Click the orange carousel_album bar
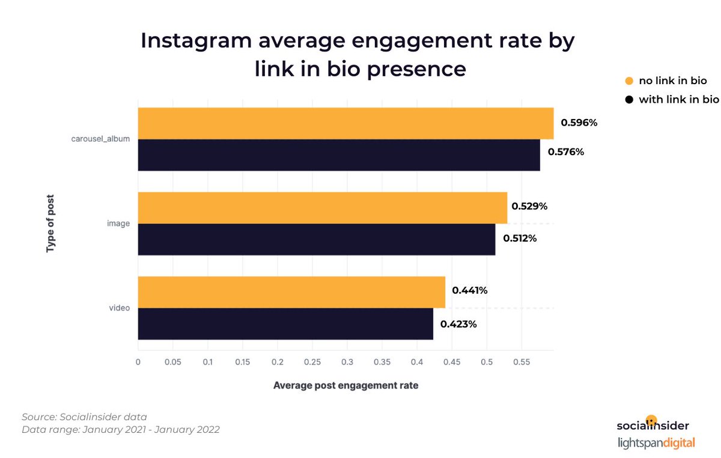pyautogui.click(x=345, y=124)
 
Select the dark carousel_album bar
pyautogui.click(x=339, y=155)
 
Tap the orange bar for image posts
pyautogui.click(x=323, y=208)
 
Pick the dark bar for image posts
pyautogui.click(x=317, y=239)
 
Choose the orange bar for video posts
pyautogui.click(x=291, y=292)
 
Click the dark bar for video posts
pyautogui.click(x=285, y=324)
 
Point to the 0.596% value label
pyautogui.click(x=579, y=123)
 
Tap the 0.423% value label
pyautogui.click(x=458, y=324)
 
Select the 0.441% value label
pyautogui.click(x=470, y=290)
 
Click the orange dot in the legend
pyautogui.click(x=629, y=81)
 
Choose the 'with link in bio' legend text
pyautogui.click(x=678, y=99)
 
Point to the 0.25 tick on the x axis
pyautogui.click(x=312, y=362)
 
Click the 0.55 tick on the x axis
pyautogui.click(x=521, y=362)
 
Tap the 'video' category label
pyautogui.click(x=119, y=308)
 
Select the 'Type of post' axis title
pyautogui.click(x=50, y=223)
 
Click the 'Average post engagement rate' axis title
pyautogui.click(x=345, y=385)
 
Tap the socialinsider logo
pyautogui.click(x=653, y=425)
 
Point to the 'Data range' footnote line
pyautogui.click(x=120, y=429)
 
